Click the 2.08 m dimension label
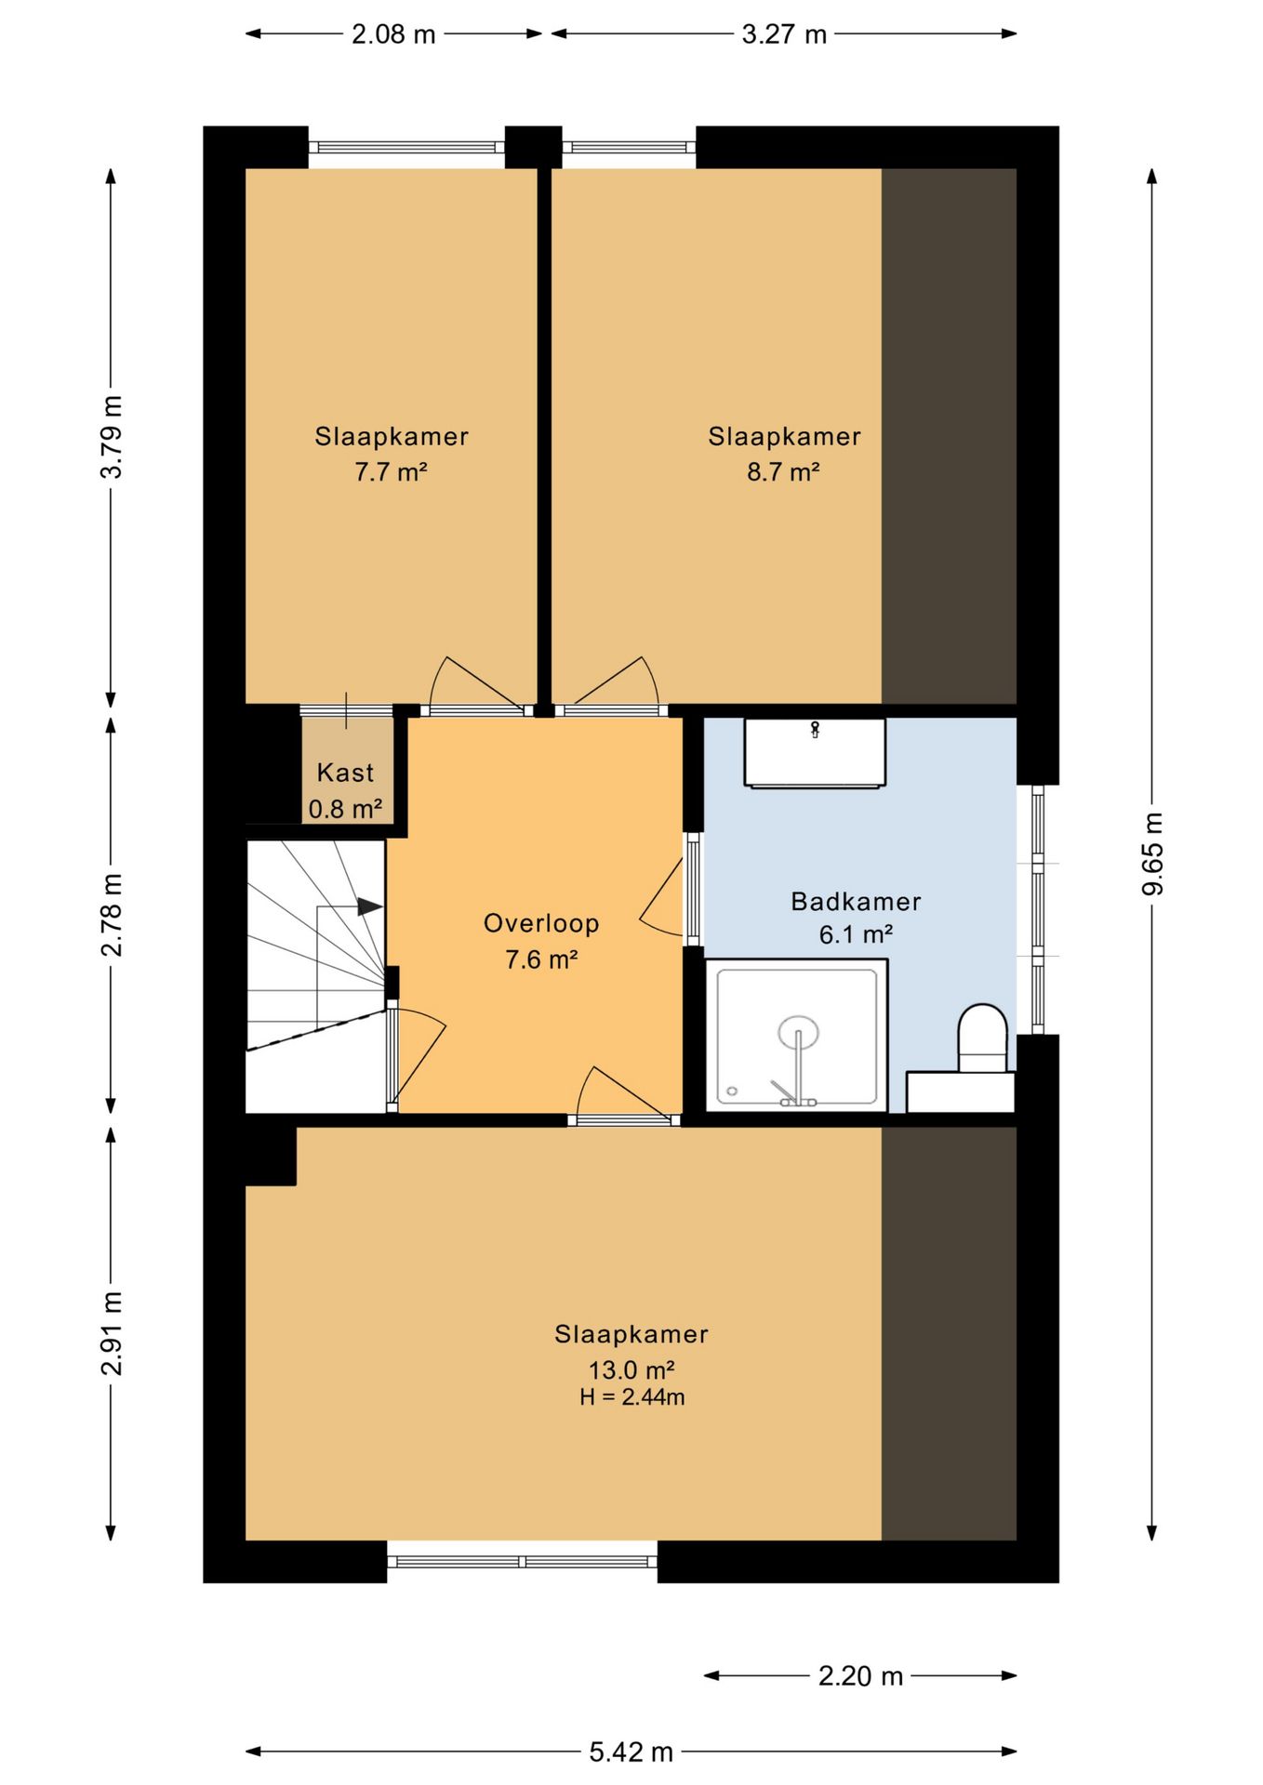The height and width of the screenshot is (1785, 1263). coord(393,34)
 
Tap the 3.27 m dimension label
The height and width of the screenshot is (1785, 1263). coord(784,34)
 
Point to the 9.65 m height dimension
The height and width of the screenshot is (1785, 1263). coord(1152,853)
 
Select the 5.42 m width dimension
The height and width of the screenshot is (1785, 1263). coord(631,1752)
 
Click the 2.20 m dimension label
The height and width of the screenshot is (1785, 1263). coord(860,1675)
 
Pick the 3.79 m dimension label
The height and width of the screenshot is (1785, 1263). coord(112,436)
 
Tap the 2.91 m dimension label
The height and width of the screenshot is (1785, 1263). coord(112,1333)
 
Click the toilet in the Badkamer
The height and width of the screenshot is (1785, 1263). coord(983,1038)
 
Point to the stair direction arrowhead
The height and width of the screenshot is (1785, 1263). coord(370,906)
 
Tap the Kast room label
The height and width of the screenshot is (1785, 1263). coord(345,773)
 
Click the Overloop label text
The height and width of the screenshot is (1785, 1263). coord(541,923)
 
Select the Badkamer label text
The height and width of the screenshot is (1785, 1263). coord(856,901)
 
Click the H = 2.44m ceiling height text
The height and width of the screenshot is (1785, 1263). coord(631,1396)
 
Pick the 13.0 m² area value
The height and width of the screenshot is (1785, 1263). coord(631,1369)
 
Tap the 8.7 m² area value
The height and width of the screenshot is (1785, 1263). coord(783,471)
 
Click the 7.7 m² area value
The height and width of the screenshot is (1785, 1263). coord(391,471)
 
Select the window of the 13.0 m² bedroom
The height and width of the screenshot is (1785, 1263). coord(522,1561)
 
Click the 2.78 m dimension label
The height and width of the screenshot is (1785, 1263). coord(112,915)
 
